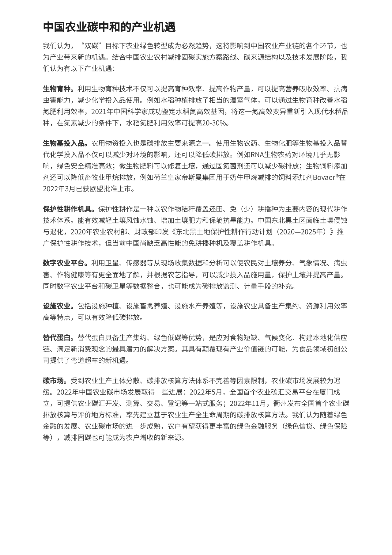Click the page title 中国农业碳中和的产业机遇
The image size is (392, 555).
tap(109, 27)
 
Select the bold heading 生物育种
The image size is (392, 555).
tap(58, 89)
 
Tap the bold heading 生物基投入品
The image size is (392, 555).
tap(65, 143)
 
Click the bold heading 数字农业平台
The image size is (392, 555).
tap(65, 263)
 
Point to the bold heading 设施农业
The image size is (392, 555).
tap(58, 306)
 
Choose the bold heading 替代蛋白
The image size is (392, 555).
tap(58, 338)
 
